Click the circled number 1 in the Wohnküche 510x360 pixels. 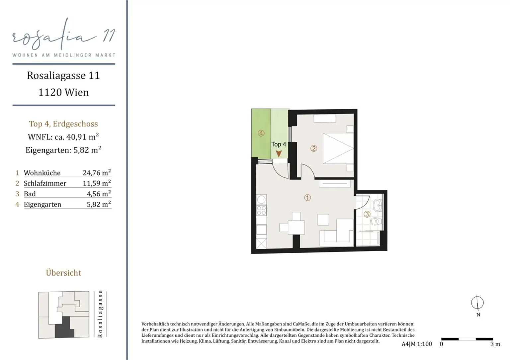click(x=307, y=197)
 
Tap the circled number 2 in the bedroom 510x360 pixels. click(x=313, y=149)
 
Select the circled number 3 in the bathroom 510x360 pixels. click(x=367, y=214)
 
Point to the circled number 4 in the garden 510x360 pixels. click(x=261, y=133)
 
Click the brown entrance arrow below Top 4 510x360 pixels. click(x=279, y=154)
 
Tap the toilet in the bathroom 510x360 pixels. click(x=376, y=221)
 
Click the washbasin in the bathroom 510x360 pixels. click(x=378, y=205)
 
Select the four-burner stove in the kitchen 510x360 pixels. click(x=261, y=210)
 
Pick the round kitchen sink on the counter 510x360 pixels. click(x=261, y=199)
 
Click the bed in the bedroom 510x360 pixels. click(x=338, y=148)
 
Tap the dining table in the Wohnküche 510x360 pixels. click(x=296, y=227)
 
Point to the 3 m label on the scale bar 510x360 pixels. click(x=495, y=344)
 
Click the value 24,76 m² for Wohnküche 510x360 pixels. click(x=97, y=173)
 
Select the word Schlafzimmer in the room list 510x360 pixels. click(x=45, y=183)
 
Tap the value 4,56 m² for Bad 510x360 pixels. click(x=99, y=194)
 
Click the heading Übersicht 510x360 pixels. click(x=63, y=273)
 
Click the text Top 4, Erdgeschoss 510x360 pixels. click(x=63, y=124)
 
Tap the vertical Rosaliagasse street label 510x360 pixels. click(x=100, y=314)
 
